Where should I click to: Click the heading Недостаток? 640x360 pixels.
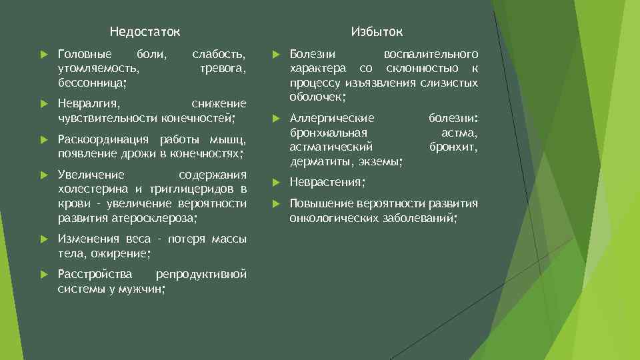point(145,32)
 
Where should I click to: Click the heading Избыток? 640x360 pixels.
point(377,32)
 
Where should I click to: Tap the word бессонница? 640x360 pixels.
point(92,82)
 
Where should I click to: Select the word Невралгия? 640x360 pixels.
point(89,104)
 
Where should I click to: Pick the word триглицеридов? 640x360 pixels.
point(187,189)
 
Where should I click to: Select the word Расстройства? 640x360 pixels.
point(95,274)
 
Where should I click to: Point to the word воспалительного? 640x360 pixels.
point(431,53)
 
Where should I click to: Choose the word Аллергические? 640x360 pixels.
point(332,118)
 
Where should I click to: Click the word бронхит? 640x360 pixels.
point(453,147)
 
